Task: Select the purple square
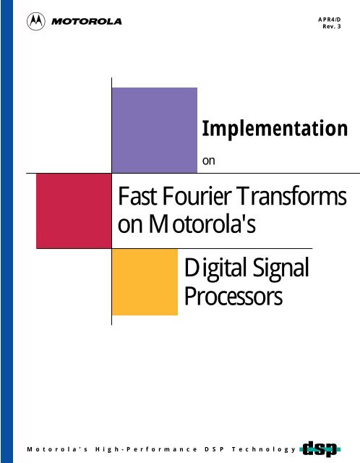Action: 155,129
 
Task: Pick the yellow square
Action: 145,281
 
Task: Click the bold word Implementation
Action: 270,129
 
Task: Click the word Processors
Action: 233,297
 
